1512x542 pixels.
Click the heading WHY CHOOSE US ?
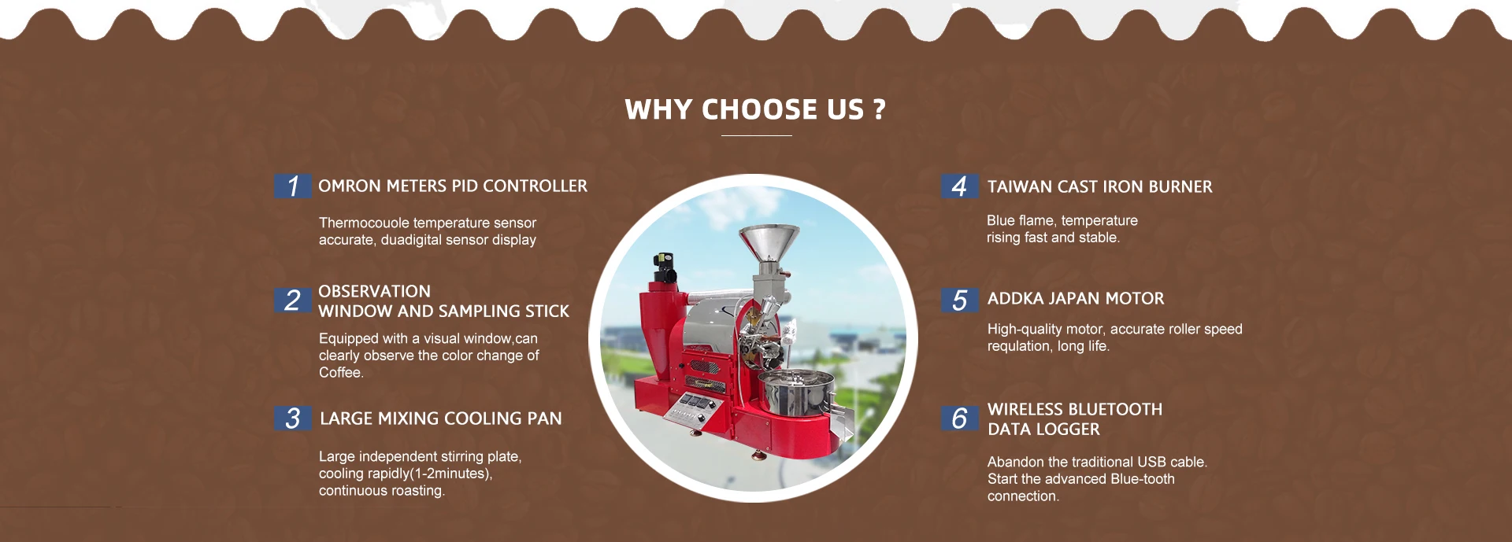tap(755, 109)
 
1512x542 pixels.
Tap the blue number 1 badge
tap(292, 186)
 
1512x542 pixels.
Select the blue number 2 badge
tap(292, 300)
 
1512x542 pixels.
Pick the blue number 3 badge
tap(292, 418)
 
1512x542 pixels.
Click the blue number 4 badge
tap(960, 186)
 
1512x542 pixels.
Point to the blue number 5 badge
tap(960, 300)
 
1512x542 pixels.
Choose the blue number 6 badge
tap(960, 418)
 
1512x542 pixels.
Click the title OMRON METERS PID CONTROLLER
tap(453, 186)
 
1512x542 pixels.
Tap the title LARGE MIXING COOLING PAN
tap(441, 418)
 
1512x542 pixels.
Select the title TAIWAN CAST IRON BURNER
tap(1100, 187)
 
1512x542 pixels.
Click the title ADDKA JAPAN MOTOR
tap(1076, 299)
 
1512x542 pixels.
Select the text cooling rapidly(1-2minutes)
tap(406, 474)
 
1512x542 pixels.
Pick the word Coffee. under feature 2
tap(341, 373)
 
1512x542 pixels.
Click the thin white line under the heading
tap(756, 135)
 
